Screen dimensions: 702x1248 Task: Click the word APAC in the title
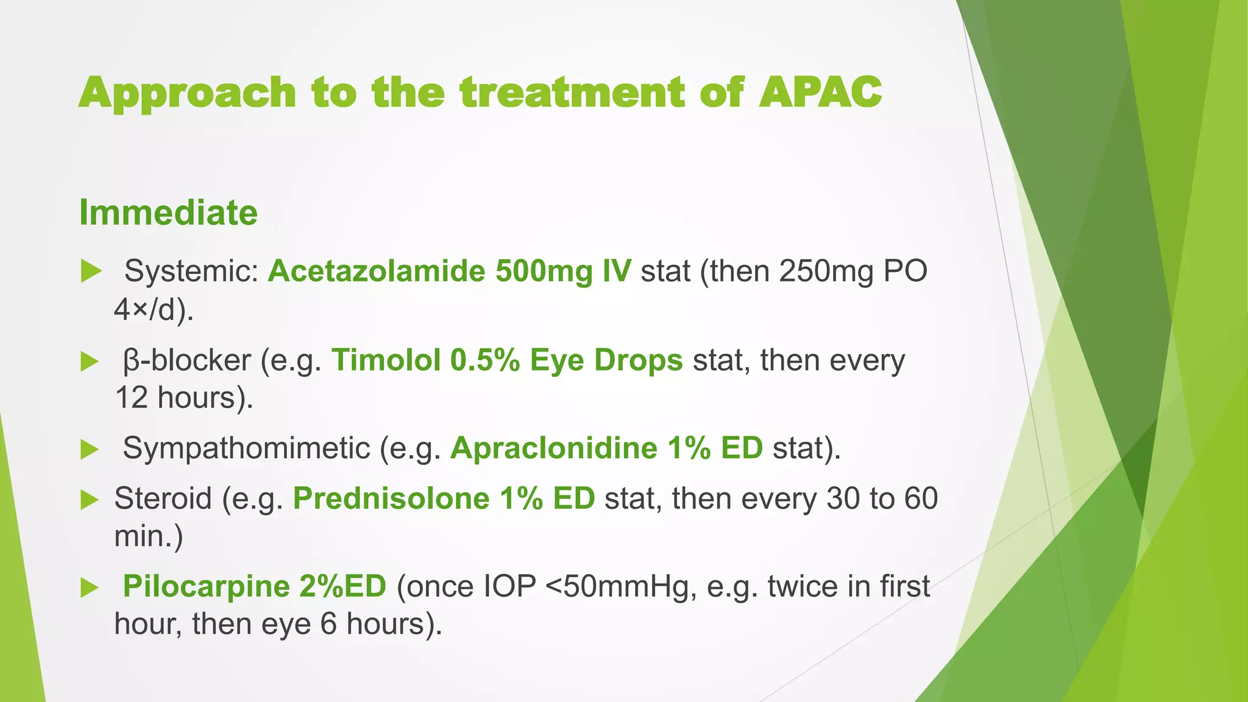pos(820,93)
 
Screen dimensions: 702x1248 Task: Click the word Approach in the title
pos(187,94)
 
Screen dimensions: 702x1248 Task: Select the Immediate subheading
pos(168,213)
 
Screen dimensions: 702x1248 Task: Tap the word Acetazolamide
pos(376,271)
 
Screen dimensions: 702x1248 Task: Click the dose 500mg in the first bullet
pos(544,272)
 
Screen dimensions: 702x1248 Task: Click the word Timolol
pos(386,360)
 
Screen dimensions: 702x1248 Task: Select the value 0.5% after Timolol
pos(485,360)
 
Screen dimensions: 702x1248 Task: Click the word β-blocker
pos(186,361)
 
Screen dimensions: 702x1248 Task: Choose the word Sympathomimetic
pos(246,448)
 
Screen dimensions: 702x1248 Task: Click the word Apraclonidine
pos(554,448)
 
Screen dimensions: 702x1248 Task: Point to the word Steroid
pos(163,499)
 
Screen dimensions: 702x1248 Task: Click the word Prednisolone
pos(391,499)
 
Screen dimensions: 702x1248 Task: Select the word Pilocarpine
pos(206,587)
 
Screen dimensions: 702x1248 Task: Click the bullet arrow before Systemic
pos(91,271)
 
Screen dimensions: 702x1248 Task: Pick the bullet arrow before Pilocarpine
pos(90,588)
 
